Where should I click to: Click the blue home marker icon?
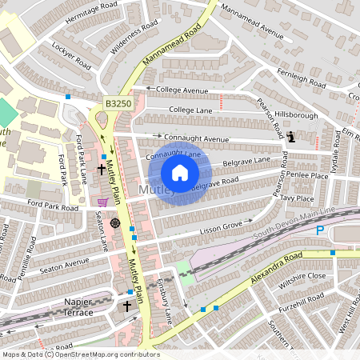pos(180,172)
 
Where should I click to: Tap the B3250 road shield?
pos(118,104)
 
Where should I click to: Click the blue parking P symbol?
pos(320,230)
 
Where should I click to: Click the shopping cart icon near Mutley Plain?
pos(102,202)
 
